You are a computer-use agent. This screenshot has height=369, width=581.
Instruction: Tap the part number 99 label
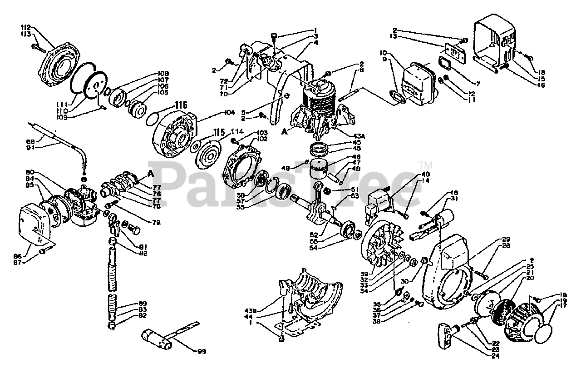tap(201, 351)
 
